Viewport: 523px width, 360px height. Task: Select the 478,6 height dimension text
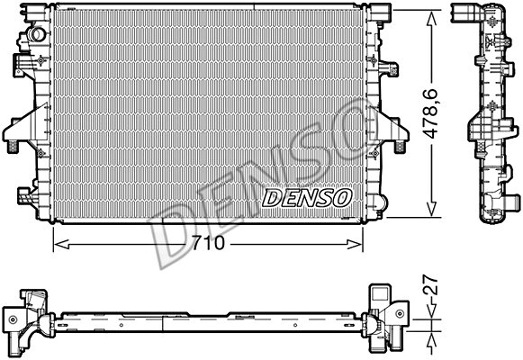pyautogui.click(x=432, y=111)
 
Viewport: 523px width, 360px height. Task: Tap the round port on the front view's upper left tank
pyautogui.click(x=37, y=33)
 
